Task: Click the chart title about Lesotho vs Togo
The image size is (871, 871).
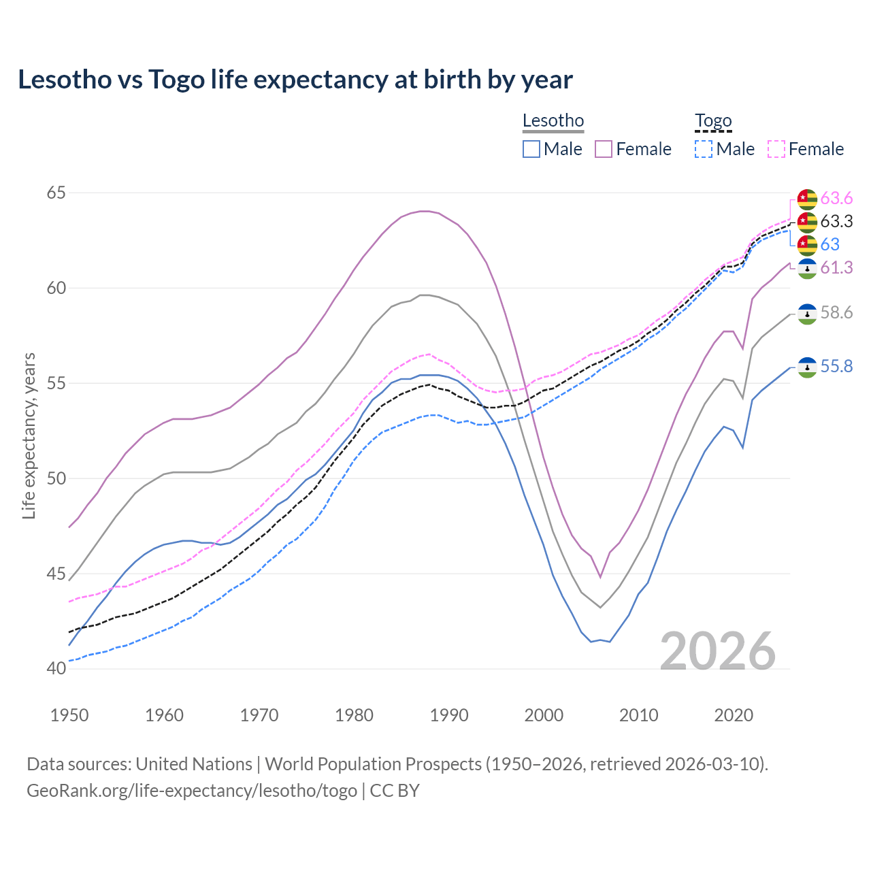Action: click(295, 80)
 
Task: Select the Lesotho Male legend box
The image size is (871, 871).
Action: click(531, 149)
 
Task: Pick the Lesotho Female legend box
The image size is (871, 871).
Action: click(604, 149)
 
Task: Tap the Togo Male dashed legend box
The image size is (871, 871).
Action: click(704, 149)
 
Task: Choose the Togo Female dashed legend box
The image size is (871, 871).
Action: click(776, 149)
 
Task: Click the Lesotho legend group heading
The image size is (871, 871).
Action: click(553, 121)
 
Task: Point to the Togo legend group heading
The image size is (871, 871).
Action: click(713, 121)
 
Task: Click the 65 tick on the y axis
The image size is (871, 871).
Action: click(56, 193)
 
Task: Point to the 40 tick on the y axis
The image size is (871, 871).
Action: click(56, 669)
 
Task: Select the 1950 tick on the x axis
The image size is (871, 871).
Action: click(69, 715)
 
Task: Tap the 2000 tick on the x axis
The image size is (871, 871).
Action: click(544, 715)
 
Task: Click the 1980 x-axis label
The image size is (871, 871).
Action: click(354, 715)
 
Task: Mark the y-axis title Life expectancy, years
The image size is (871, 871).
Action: click(29, 435)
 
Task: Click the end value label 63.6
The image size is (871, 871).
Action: click(836, 199)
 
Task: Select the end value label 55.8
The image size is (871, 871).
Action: click(836, 367)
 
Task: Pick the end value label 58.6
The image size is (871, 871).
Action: click(836, 313)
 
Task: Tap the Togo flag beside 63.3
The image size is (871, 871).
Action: click(807, 222)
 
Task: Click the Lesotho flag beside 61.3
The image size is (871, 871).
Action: click(807, 268)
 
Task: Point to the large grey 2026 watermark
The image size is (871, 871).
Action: click(718, 651)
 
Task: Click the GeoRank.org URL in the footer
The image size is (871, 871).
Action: click(192, 791)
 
